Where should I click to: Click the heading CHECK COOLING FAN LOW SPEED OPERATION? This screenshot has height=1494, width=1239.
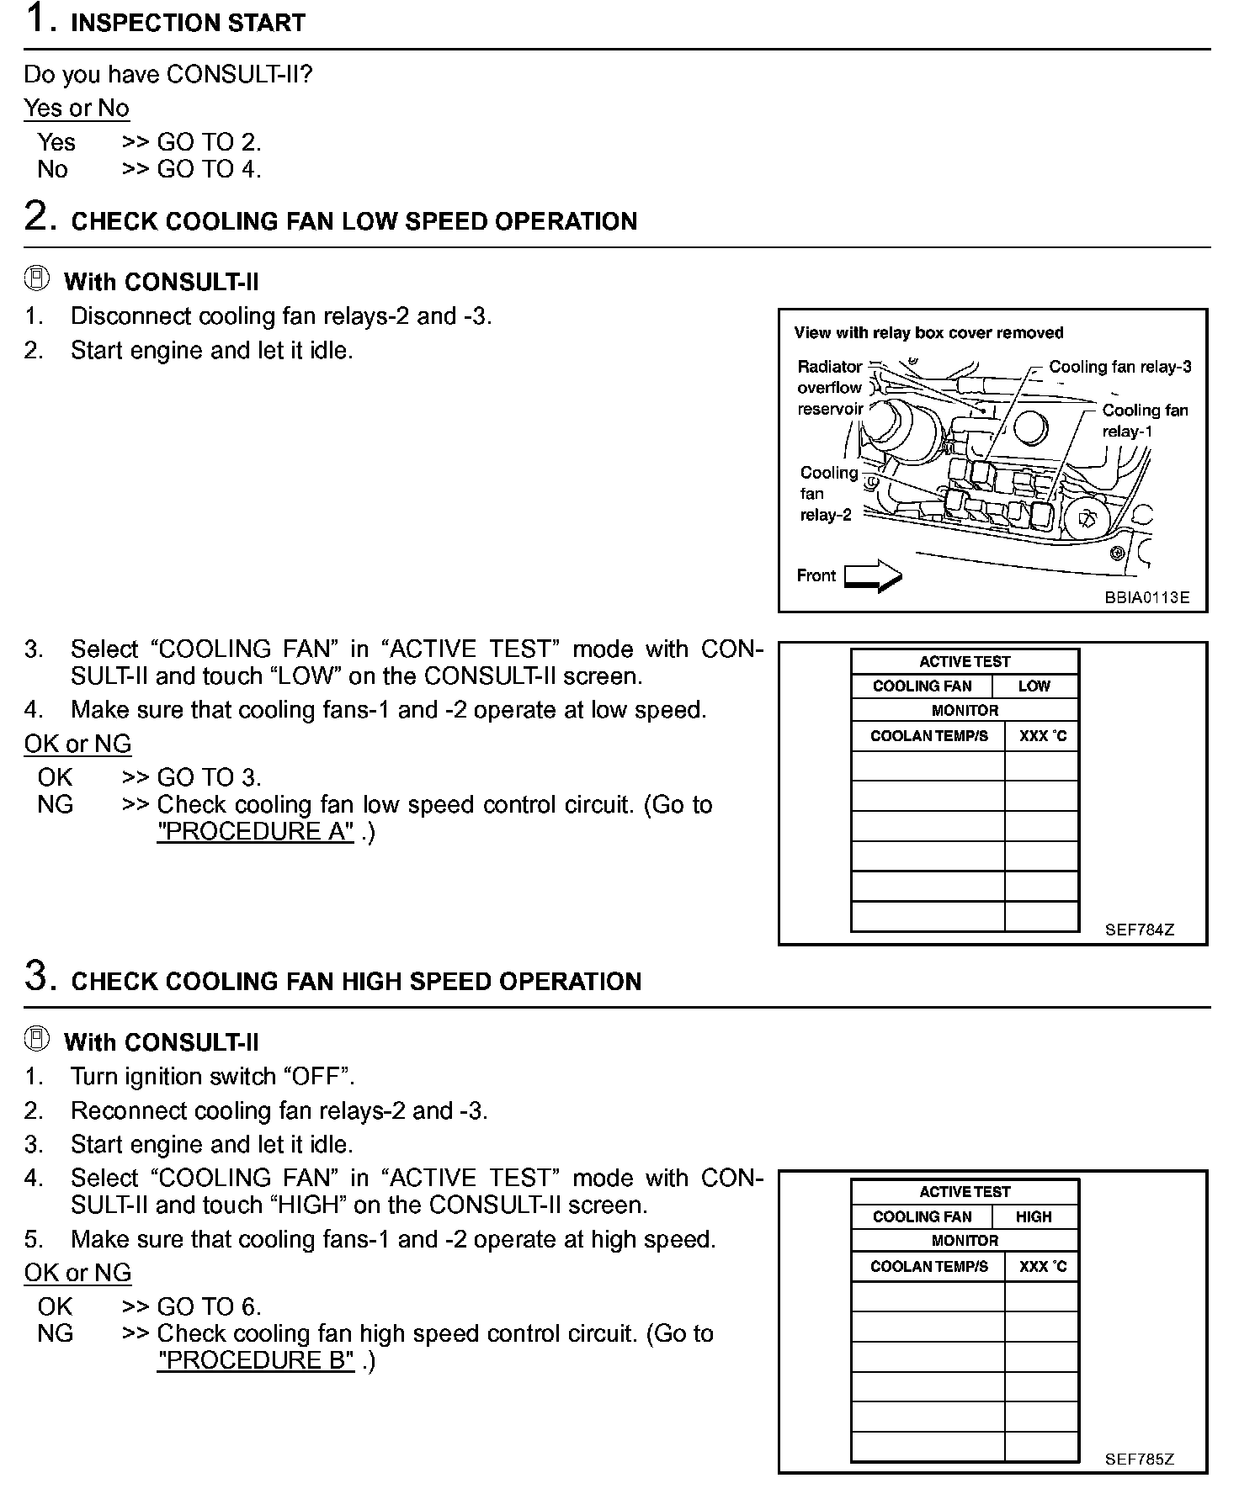click(x=354, y=221)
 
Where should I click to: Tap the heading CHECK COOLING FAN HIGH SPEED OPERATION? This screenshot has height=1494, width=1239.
click(x=356, y=982)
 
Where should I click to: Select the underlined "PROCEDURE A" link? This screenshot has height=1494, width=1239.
click(x=255, y=831)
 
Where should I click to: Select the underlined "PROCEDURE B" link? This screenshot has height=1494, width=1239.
click(x=255, y=1360)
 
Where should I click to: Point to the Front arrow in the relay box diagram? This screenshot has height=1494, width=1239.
click(x=873, y=576)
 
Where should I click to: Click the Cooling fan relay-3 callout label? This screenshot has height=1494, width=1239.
click(x=1119, y=367)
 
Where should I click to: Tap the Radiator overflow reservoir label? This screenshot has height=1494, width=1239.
click(x=830, y=388)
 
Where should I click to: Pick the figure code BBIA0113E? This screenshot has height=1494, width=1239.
click(x=1147, y=598)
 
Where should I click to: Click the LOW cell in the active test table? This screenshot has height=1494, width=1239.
click(x=1034, y=686)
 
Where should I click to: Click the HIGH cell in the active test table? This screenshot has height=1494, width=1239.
click(x=1034, y=1216)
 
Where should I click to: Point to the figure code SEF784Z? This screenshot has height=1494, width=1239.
click(x=1139, y=930)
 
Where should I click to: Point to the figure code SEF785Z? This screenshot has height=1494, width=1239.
click(x=1139, y=1460)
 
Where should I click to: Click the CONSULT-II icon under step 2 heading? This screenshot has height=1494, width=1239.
click(x=37, y=279)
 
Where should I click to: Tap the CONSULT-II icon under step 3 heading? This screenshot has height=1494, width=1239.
click(x=37, y=1040)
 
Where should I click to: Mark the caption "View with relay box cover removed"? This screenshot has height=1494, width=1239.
click(x=928, y=333)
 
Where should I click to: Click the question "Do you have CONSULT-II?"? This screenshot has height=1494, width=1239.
click(x=168, y=75)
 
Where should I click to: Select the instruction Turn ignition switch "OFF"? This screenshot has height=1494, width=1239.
click(x=212, y=1077)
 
